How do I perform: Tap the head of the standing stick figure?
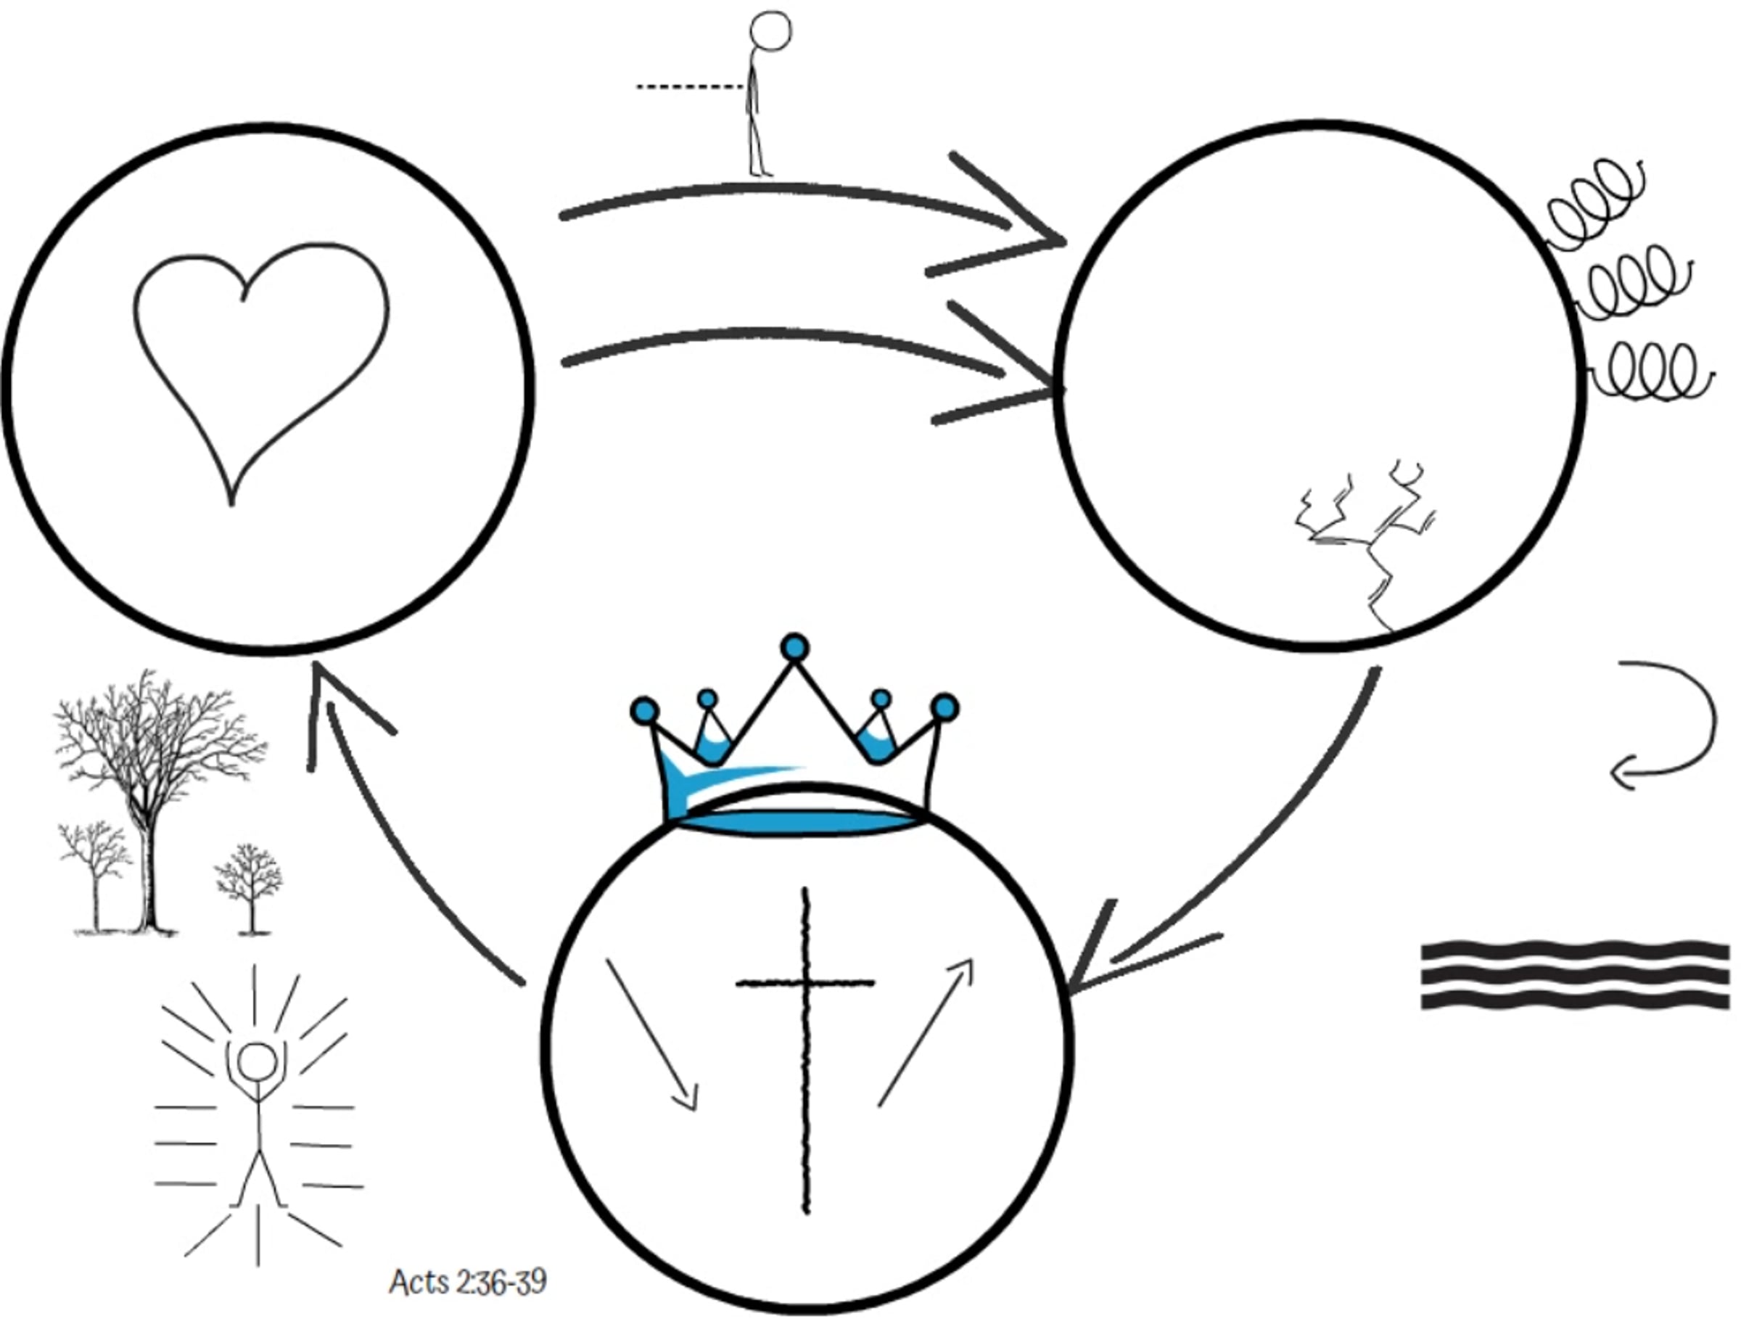769,31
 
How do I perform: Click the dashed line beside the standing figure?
690,86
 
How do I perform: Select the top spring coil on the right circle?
1596,203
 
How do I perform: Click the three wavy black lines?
1575,975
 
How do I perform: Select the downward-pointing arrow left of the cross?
651,1034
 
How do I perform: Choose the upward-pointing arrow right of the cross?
926,1032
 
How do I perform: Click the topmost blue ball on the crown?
795,648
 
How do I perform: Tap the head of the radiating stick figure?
257,1061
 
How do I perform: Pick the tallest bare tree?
157,801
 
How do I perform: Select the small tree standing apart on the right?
250,889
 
